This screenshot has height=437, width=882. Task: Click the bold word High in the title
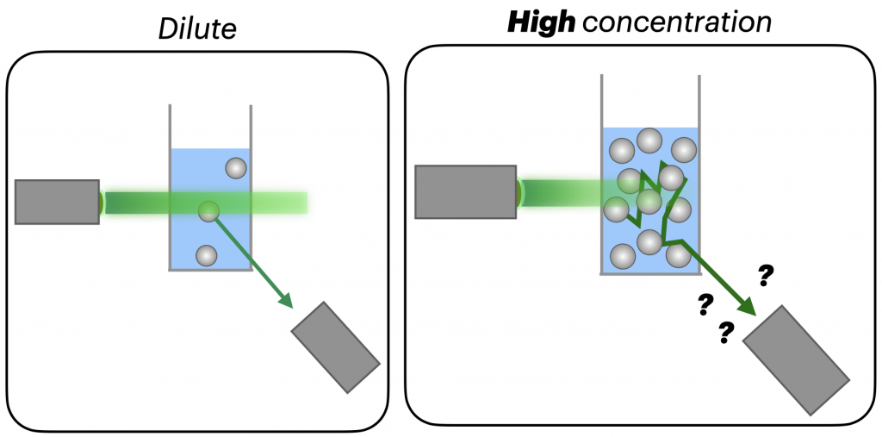[540, 22]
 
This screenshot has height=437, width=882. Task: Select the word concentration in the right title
[677, 23]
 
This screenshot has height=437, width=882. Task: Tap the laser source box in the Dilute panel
[57, 202]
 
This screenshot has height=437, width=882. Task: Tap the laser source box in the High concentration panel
[465, 191]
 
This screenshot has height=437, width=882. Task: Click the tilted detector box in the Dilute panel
[336, 346]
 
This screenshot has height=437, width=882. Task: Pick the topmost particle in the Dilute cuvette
[235, 168]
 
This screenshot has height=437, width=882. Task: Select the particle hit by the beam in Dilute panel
[208, 211]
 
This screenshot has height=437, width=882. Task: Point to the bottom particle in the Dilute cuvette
[206, 255]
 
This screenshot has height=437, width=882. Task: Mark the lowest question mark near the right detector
[725, 331]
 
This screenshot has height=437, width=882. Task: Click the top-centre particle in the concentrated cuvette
[649, 140]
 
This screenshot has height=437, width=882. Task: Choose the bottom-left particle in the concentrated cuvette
[623, 256]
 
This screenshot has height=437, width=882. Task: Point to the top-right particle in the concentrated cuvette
[683, 149]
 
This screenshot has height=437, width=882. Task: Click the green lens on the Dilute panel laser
[102, 202]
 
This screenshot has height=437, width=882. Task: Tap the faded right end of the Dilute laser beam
[297, 203]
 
